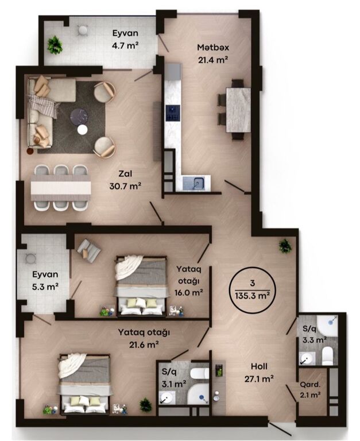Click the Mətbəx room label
[x=213, y=47]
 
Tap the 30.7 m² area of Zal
[x=125, y=186]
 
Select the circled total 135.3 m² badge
[x=253, y=290]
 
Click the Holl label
[x=259, y=366]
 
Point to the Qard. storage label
[x=310, y=385]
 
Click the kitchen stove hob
[x=172, y=113]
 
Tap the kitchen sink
[x=196, y=183]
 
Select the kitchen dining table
[x=238, y=110]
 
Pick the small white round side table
[x=83, y=130]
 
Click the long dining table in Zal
[x=61, y=188]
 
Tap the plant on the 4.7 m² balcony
[x=55, y=44]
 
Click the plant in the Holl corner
[x=285, y=246]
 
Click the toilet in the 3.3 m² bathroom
[x=327, y=356]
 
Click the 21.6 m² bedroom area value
[x=144, y=345]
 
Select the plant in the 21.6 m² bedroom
[x=146, y=405]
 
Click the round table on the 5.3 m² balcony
[x=30, y=258]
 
